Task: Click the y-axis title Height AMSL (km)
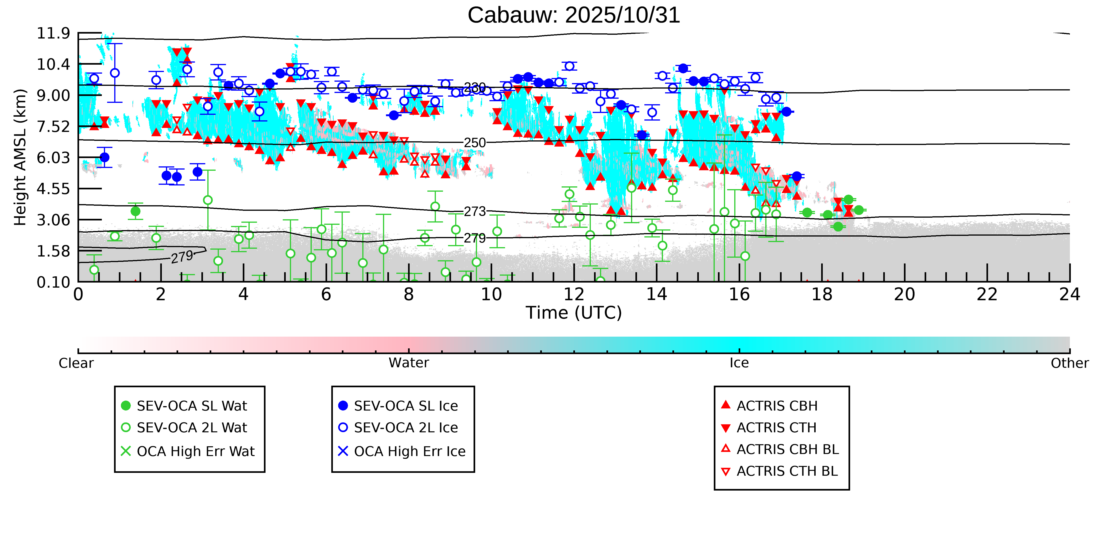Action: [20, 157]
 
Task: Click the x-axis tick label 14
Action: [656, 295]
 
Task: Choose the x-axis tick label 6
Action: [326, 295]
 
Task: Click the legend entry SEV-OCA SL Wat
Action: [191, 406]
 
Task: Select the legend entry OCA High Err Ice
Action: [409, 451]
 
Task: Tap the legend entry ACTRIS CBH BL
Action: [787, 449]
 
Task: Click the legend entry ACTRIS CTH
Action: [776, 428]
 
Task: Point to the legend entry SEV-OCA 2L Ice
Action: [406, 428]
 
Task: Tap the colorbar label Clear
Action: [76, 363]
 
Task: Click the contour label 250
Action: [475, 143]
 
